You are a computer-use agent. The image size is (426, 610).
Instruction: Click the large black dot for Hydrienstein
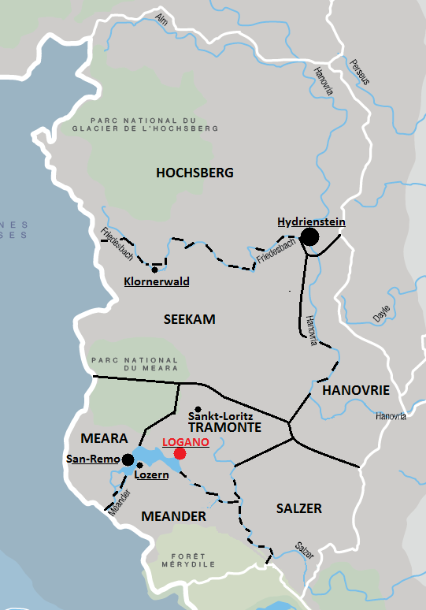pyautogui.click(x=309, y=236)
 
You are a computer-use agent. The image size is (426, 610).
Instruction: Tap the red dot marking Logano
pyautogui.click(x=180, y=453)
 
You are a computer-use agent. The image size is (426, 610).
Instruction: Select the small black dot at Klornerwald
pyautogui.click(x=154, y=270)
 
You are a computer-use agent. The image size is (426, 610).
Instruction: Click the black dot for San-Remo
pyautogui.click(x=128, y=459)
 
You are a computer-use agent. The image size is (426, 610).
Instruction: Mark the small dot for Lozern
pyautogui.click(x=140, y=465)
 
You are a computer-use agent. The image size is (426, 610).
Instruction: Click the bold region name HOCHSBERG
pyautogui.click(x=195, y=173)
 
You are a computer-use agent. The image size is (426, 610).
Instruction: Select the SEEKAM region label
pyautogui.click(x=189, y=319)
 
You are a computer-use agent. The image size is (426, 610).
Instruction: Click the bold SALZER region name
pyautogui.click(x=298, y=508)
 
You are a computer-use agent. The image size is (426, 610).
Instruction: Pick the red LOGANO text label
pyautogui.click(x=185, y=442)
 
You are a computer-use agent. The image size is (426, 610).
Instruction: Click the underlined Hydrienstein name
pyautogui.click(x=311, y=222)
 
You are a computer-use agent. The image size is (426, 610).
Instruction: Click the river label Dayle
pyautogui.click(x=381, y=313)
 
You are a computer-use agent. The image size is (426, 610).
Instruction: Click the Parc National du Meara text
pyautogui.click(x=135, y=363)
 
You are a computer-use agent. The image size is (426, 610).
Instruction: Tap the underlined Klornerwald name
pyautogui.click(x=157, y=281)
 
